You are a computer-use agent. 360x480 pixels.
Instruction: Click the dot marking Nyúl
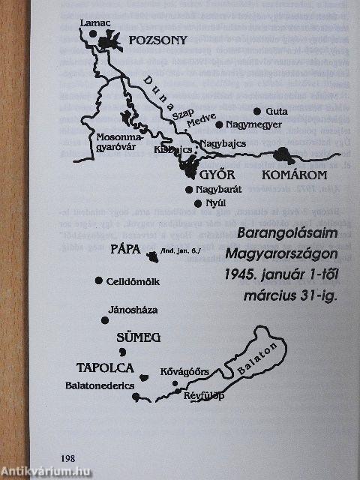[x=198, y=203]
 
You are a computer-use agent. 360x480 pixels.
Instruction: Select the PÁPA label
[x=127, y=250]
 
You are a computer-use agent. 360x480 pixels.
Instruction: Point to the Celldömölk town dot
[x=99, y=280]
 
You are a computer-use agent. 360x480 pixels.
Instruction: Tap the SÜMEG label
[x=139, y=338]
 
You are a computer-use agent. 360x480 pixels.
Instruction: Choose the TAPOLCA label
[x=105, y=367]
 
